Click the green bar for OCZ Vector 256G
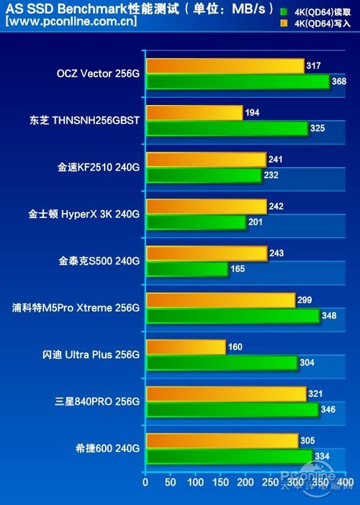[238, 82]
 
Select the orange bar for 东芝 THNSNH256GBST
[194, 113]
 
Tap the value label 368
[339, 82]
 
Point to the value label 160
[235, 347]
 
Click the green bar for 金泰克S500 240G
[186, 269]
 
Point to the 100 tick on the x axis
[194, 482]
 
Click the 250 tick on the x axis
[270, 482]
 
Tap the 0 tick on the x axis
[145, 482]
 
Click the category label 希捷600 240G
[106, 448]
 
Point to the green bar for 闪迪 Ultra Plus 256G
[221, 363]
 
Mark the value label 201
[256, 222]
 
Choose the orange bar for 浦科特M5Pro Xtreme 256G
[220, 301]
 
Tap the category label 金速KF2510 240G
[99, 168]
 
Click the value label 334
[323, 456]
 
